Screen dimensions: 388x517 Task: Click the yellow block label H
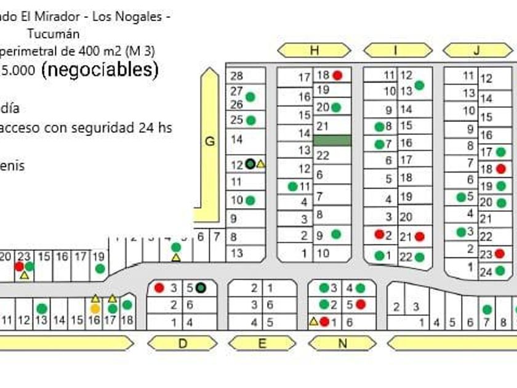point(314,51)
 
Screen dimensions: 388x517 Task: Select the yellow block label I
point(396,51)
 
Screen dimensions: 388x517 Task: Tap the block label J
point(476,51)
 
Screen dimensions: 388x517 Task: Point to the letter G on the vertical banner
point(210,142)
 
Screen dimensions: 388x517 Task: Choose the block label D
point(182,344)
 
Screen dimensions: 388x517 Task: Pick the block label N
point(343,344)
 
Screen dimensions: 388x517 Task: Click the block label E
point(262,344)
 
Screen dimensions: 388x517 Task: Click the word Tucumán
point(54,34)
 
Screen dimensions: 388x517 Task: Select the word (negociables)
point(100,70)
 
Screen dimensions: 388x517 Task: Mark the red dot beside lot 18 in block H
point(337,75)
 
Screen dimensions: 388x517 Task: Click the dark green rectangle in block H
point(332,141)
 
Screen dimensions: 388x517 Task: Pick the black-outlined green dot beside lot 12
point(250,164)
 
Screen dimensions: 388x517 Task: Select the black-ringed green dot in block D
point(201,288)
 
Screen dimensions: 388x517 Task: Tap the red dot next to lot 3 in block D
point(159,288)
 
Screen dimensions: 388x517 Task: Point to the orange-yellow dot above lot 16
point(95,309)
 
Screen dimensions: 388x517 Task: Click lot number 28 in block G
point(237,76)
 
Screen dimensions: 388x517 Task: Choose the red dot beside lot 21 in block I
point(420,236)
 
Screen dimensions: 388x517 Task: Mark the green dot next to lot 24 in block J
point(500,270)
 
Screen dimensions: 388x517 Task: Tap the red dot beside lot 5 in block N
point(361,304)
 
